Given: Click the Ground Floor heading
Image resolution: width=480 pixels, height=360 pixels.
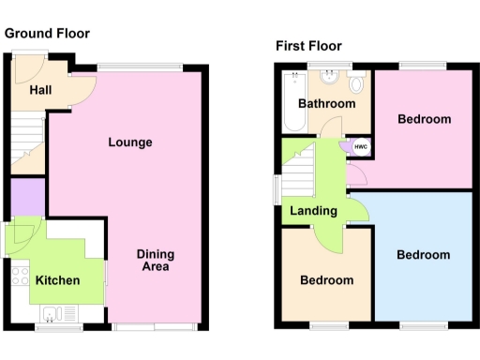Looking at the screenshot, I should coord(47,34).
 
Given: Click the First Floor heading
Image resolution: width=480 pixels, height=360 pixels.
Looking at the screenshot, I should coord(308,45).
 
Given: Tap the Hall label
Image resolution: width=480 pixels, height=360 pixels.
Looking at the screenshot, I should coord(40,90).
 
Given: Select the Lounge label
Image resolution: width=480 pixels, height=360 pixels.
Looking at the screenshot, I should coord(130,142).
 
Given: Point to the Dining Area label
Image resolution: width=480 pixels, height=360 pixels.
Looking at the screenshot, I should coord(155,261).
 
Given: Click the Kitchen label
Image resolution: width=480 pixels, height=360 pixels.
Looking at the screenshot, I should coord(57,280).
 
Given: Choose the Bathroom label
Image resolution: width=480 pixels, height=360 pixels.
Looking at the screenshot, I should coord(326,104).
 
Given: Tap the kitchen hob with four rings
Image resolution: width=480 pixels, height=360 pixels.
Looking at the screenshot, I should coord(18,275).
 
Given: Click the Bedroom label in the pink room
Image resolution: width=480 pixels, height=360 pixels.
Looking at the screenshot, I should coord(424,119).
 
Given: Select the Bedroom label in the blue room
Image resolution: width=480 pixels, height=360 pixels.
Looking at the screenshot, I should coord(423,255).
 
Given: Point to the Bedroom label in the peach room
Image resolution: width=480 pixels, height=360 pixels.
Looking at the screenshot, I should coord(326,280).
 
